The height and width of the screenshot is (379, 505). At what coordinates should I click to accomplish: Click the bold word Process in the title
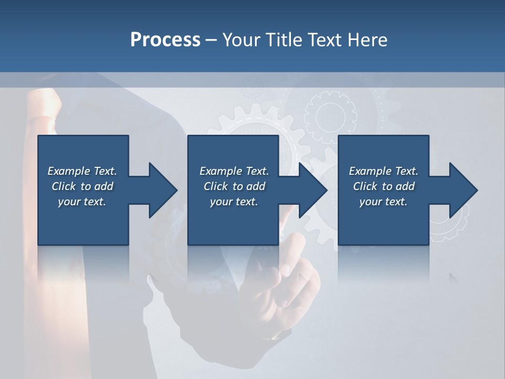click(x=165, y=39)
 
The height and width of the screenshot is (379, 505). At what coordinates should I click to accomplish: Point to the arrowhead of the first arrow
click(x=163, y=190)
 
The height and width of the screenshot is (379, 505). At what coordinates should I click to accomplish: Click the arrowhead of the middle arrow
click(x=314, y=190)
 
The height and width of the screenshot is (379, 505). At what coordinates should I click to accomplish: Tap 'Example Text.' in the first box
click(x=82, y=171)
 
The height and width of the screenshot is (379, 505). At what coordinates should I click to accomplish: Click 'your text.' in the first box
click(x=82, y=202)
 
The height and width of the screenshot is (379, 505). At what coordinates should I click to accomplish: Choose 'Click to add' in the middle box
click(x=234, y=186)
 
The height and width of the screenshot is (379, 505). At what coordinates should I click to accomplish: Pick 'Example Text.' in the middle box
click(x=234, y=171)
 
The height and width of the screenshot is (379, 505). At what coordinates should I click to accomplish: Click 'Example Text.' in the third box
click(x=383, y=171)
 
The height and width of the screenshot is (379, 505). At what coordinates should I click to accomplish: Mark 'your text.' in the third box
click(x=383, y=202)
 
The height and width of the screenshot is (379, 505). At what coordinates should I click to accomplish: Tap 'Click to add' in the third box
click(x=383, y=186)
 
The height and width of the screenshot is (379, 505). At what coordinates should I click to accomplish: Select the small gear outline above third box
click(x=330, y=117)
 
